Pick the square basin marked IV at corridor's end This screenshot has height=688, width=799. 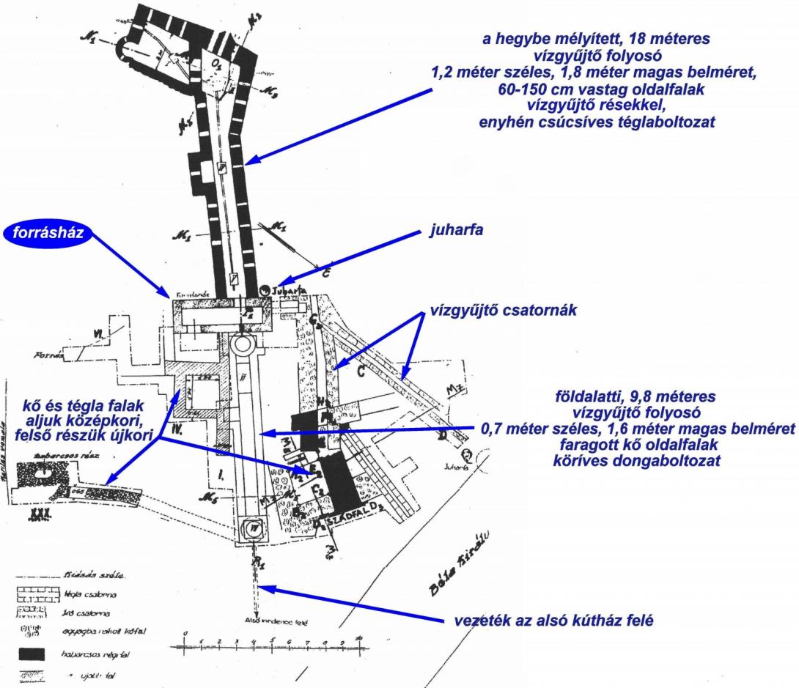251,526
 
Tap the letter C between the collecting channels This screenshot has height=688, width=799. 361,370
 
